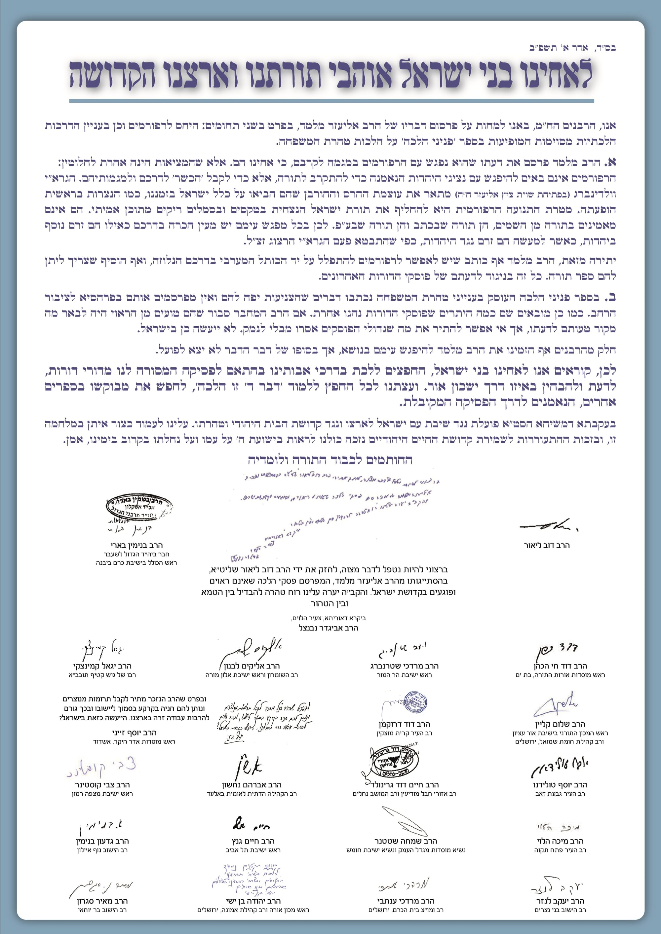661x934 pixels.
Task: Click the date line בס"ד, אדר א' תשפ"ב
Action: (x=572, y=48)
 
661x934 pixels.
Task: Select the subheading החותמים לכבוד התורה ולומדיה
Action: (x=330, y=460)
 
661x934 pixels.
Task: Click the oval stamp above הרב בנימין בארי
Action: (x=139, y=507)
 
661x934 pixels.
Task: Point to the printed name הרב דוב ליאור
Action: (x=547, y=545)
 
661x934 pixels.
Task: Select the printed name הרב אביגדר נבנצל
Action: (x=328, y=628)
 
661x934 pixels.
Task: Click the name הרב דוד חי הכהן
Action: (x=560, y=666)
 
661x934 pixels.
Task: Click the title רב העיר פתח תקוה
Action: (x=560, y=850)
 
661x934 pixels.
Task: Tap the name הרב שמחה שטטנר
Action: (x=406, y=841)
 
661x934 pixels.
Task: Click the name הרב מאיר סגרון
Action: (x=102, y=901)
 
